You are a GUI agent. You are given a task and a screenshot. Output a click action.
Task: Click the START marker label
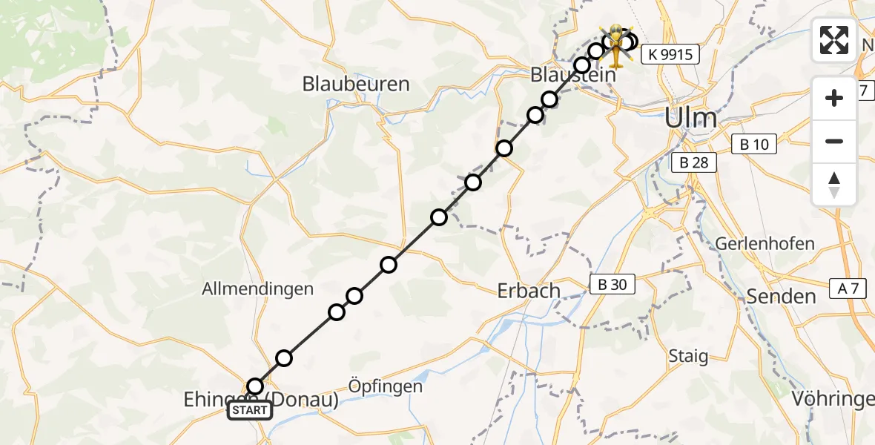(x=249, y=410)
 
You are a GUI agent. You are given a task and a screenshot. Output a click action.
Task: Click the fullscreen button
(x=834, y=39)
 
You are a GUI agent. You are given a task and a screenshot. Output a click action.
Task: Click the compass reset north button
(x=834, y=185)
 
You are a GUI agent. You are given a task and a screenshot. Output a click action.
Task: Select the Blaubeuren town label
(x=356, y=84)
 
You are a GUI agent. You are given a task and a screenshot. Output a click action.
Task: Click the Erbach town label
(x=529, y=290)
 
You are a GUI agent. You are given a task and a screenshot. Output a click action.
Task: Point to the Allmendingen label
(x=258, y=289)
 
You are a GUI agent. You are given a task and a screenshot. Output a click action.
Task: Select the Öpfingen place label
(x=386, y=386)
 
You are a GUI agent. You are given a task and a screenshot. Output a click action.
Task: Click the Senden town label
(x=781, y=297)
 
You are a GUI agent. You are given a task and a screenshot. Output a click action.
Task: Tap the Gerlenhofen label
(x=765, y=243)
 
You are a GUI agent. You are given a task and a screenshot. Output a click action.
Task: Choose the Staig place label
(x=687, y=356)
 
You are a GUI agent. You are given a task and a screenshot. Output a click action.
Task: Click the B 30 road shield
(x=612, y=283)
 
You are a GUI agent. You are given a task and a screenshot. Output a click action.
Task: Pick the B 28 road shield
(x=694, y=162)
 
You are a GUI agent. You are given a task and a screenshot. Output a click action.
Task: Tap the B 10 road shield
(x=754, y=145)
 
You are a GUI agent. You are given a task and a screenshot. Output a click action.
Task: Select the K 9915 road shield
(x=670, y=54)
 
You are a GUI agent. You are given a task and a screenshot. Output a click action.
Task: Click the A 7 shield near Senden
(x=845, y=289)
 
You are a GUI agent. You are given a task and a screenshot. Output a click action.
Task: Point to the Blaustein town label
(x=573, y=76)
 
